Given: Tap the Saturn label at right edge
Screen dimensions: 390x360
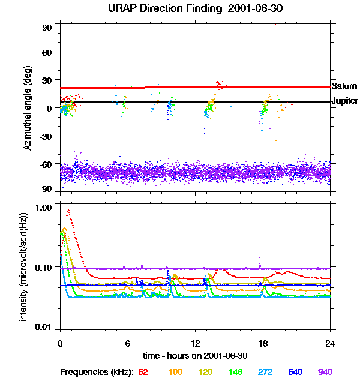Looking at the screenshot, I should coord(344,86).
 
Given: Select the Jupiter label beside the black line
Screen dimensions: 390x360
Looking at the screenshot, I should coord(344,101).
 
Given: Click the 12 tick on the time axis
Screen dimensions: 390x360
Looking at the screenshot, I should coord(195,343).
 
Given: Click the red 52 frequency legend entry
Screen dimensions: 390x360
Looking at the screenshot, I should coord(143,372).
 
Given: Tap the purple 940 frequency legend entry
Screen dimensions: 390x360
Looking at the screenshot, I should coord(325,372).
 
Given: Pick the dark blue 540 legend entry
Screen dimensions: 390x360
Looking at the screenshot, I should coord(295,372).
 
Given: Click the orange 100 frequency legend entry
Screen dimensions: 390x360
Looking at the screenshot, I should coord(175,372).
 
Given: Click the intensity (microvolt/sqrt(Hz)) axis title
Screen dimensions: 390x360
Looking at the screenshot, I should coord(23,265).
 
